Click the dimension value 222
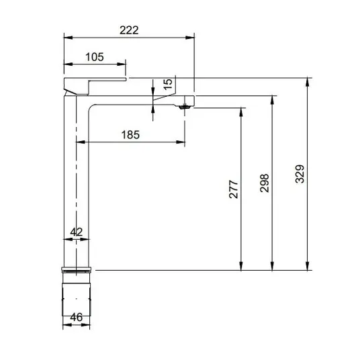pos(129,30)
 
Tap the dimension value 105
pos(95,57)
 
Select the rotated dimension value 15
pos(168,84)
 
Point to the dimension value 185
pos(130,135)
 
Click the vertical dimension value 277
pos(234,189)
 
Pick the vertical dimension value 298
pos(265,183)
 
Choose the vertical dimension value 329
pos(300,174)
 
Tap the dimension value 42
pos(76,232)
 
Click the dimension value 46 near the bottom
pos(76,317)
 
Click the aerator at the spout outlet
pos(183,107)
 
